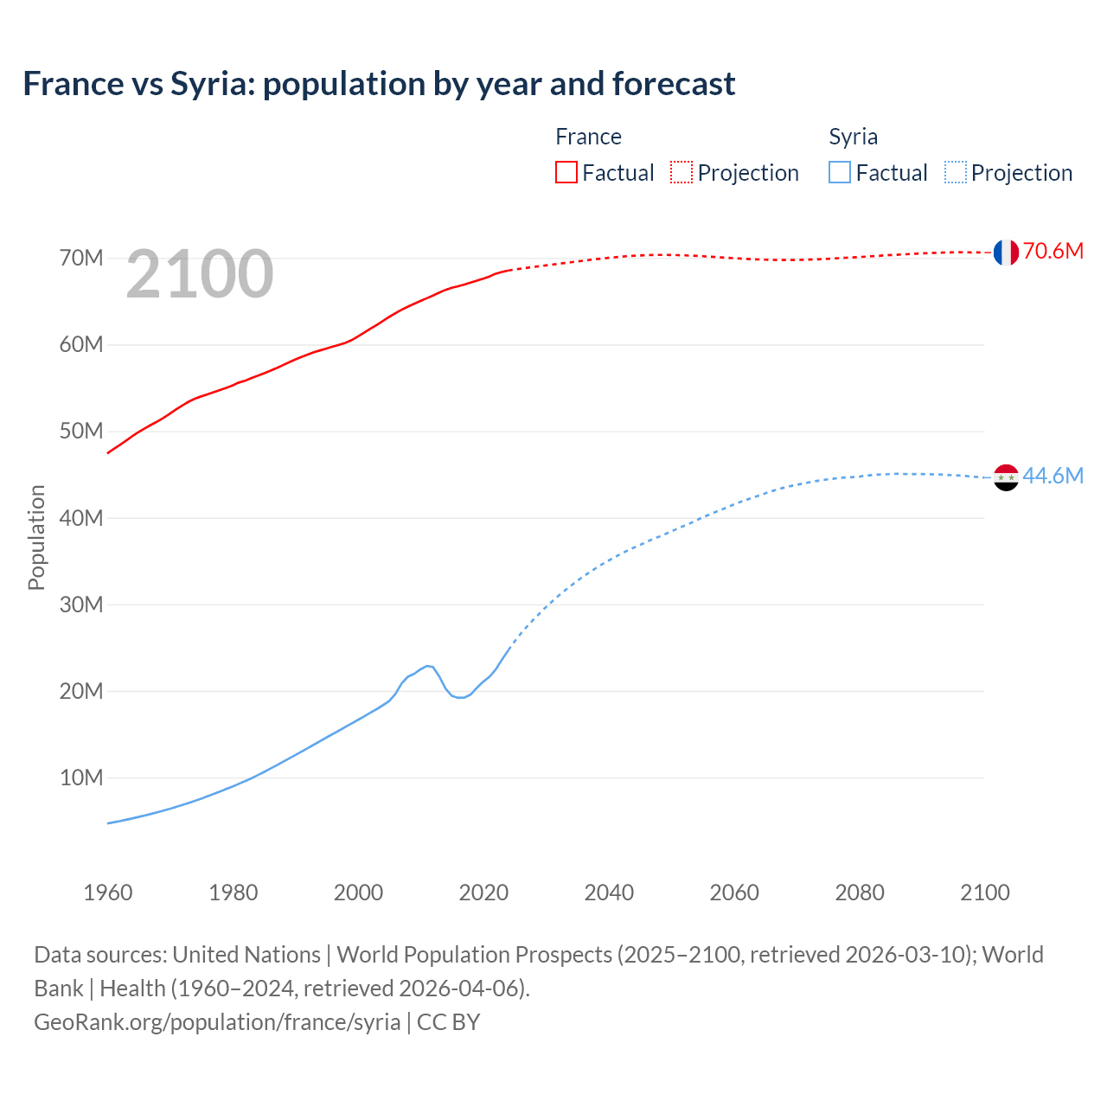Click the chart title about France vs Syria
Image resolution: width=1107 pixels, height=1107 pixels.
[379, 84]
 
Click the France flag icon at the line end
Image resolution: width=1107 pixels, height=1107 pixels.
[1006, 252]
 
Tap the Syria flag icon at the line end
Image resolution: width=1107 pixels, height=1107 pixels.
[1006, 477]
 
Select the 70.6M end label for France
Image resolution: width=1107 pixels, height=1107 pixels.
[1053, 252]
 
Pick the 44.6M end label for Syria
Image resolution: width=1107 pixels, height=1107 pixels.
[1053, 477]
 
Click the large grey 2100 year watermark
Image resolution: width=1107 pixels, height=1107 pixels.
[200, 274]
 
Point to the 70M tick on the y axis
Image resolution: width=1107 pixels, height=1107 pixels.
[81, 259]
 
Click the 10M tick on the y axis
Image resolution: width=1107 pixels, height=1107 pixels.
[81, 778]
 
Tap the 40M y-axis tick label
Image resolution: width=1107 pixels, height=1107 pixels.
[81, 518]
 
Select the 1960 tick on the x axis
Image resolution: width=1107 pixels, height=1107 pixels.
[108, 893]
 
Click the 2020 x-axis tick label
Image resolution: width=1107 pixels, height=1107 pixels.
[483, 893]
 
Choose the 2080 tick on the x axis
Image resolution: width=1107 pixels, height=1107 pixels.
[860, 893]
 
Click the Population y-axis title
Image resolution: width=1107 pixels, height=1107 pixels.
[36, 537]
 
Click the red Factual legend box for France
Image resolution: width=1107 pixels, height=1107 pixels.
[566, 172]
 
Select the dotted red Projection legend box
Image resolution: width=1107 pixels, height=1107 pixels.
[681, 172]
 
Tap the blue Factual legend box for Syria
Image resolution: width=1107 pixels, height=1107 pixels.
[840, 172]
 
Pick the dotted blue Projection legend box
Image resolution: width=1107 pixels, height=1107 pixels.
[956, 172]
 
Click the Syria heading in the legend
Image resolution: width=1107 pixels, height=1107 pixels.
[853, 137]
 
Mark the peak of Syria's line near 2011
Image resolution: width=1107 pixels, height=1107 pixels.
[428, 666]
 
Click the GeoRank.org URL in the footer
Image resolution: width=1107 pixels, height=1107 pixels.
[217, 1022]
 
